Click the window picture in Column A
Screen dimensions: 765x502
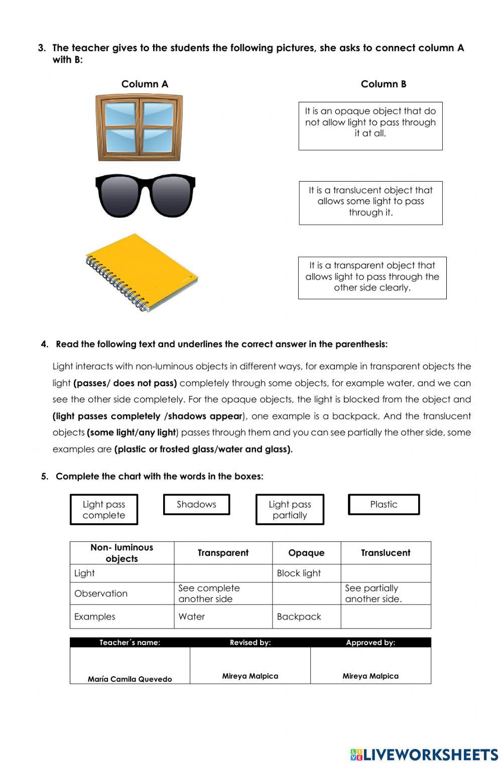pos(139,127)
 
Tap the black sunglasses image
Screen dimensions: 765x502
pos(145,195)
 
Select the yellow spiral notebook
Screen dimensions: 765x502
pos(142,272)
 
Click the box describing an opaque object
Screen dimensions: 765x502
pos(370,125)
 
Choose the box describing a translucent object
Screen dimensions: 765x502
pos(370,203)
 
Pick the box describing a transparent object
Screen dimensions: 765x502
pos(372,278)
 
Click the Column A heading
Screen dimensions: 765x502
pos(145,84)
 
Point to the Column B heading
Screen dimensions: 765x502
pos(384,84)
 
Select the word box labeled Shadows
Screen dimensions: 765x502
pos(196,505)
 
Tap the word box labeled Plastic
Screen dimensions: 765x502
pos(384,505)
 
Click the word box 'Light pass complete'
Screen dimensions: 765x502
pos(104,510)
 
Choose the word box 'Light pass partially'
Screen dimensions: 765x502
pos(290,510)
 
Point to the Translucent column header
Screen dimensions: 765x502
pos(386,553)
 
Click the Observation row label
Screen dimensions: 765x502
pos(101,593)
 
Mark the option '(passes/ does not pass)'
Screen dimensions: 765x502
pos(125,383)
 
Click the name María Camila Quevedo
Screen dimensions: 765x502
pos(130,679)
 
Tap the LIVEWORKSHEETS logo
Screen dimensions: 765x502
pos(424,754)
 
